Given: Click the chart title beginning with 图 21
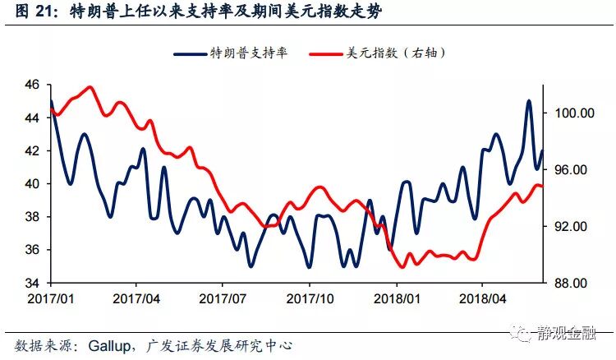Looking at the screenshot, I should point(197,12).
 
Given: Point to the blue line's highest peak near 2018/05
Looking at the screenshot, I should point(528,101).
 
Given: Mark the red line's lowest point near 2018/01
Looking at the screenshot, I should point(402,266).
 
